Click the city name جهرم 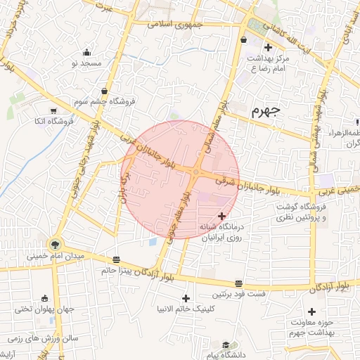(266, 110)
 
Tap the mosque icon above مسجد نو (86, 52)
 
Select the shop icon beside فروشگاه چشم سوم (105, 91)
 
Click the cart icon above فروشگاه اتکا (53, 110)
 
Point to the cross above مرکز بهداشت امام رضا (267, 47)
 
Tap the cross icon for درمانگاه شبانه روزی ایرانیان (222, 216)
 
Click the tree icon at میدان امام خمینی (53, 245)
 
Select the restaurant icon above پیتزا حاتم (116, 259)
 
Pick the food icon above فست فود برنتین (239, 282)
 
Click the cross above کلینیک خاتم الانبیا (186, 298)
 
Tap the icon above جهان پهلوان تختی (46, 298)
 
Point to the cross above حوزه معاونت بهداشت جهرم (311, 311)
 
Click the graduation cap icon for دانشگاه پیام (226, 345)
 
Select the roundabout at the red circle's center (195, 173)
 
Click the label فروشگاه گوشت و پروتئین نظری (324, 212)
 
